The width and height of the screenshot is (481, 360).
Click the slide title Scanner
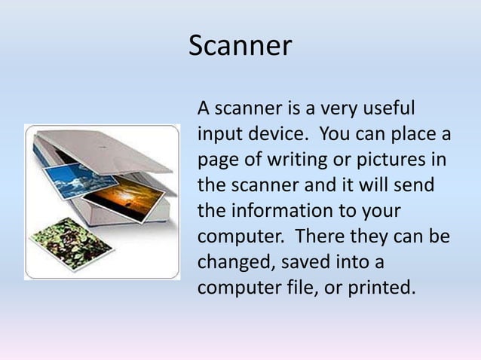tap(240, 46)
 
